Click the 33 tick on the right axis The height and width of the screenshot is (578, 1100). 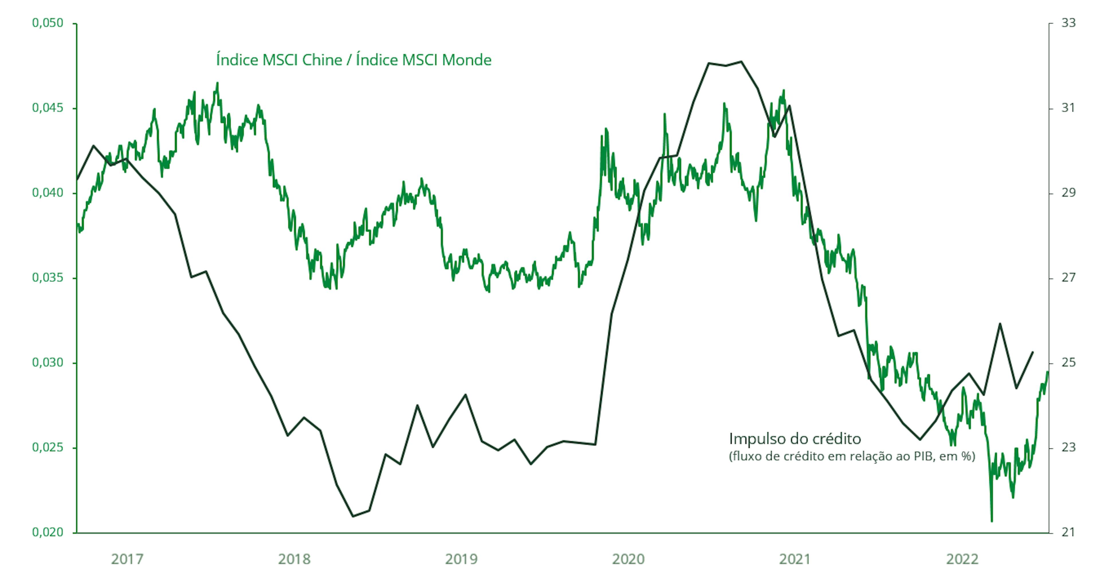[x=1068, y=23]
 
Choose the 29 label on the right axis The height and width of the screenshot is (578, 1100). [x=1068, y=193]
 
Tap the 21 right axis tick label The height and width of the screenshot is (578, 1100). [x=1068, y=533]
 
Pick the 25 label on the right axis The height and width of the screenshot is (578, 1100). [x=1068, y=363]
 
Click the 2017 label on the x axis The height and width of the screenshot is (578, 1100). [x=127, y=559]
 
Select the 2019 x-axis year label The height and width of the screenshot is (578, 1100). [x=461, y=559]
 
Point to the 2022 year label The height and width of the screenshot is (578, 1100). [x=962, y=559]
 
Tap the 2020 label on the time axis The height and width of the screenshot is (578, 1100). [x=628, y=559]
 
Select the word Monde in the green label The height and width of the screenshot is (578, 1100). [x=466, y=60]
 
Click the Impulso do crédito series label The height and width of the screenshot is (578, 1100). [x=795, y=439]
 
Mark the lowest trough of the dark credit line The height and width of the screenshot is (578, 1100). [x=353, y=516]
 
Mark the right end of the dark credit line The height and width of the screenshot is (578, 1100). [x=1032, y=352]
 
